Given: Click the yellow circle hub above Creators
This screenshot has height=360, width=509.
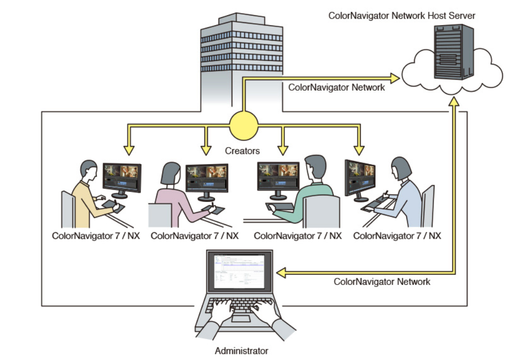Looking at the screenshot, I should coord(244,125).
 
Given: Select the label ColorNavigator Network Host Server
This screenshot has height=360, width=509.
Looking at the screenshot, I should coord(402,15).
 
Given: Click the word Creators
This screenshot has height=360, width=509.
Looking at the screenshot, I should coord(243,151).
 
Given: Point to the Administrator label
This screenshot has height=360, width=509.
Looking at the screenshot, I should coord(242,350).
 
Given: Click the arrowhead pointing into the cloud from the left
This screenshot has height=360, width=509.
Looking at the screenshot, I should coord(393,79).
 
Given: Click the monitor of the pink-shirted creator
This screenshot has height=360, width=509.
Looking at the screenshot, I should coord(206,178).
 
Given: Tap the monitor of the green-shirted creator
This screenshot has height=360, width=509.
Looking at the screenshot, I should coord(278,176).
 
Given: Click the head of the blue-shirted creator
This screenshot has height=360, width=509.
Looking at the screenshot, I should coord(401,168).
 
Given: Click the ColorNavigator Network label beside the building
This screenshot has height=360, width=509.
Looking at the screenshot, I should coord(336,87).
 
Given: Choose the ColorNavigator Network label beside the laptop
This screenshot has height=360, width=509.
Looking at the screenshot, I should coord(382,281).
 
